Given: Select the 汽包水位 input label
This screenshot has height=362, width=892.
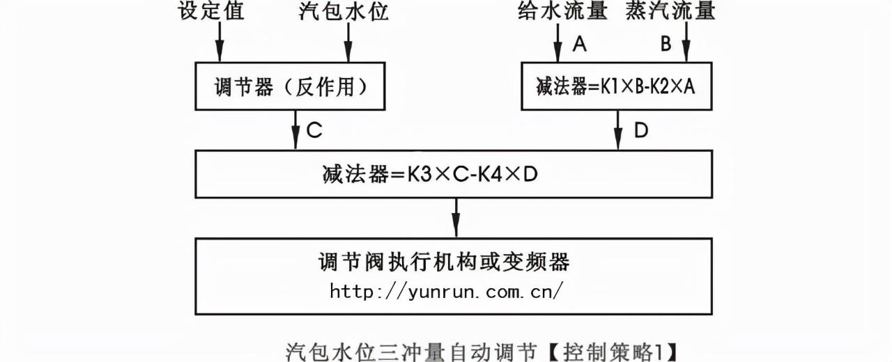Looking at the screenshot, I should point(344,11).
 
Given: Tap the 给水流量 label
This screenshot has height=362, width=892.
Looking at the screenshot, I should point(562,11).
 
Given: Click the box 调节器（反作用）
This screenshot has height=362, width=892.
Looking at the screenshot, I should point(290,86).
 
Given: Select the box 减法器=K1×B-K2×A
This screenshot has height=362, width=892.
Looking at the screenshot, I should point(616,86).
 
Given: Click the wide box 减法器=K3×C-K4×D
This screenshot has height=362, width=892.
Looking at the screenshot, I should point(454,174).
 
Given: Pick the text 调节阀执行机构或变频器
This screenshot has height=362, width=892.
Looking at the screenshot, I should point(445,262).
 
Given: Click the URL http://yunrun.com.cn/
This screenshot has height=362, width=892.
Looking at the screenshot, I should point(446,291).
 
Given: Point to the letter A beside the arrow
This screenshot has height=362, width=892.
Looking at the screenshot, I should point(578,45).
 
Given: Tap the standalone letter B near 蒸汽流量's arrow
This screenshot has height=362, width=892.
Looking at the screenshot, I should point(666,45).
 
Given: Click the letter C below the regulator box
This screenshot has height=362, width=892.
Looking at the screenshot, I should point(314,130).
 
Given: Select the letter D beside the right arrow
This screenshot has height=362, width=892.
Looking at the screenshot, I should point(642,130).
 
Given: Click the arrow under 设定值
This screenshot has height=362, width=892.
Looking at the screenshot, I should point(220,42).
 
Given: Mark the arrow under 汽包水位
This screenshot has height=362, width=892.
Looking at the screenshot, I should point(348,42).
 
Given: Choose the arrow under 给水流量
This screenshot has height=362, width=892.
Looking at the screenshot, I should point(557,42).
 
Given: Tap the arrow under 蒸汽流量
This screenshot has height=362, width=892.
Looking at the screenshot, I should point(686,42).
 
